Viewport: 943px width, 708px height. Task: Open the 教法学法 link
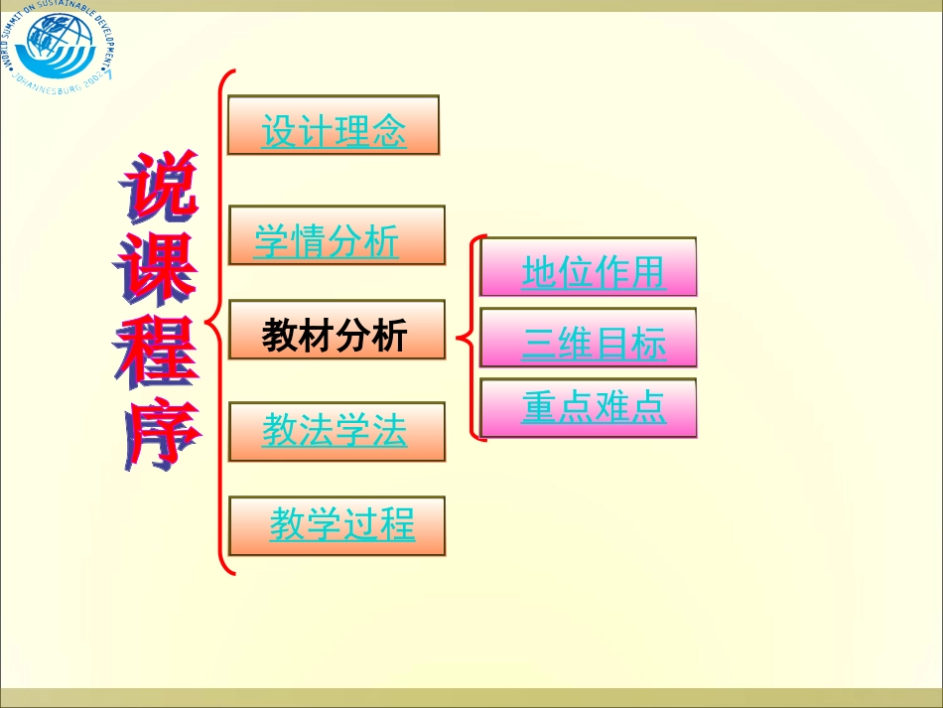click(337, 432)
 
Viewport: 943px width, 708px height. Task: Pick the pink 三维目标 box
click(588, 340)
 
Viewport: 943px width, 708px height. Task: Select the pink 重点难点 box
click(588, 408)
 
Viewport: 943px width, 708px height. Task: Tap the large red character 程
click(156, 353)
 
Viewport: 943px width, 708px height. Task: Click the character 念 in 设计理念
click(389, 131)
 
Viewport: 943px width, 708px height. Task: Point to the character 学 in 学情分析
click(271, 241)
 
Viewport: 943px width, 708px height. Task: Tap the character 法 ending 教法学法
click(390, 431)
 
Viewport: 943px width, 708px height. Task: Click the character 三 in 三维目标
click(539, 344)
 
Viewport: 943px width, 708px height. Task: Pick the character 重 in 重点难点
click(539, 407)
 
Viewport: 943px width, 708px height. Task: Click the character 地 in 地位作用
click(539, 272)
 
